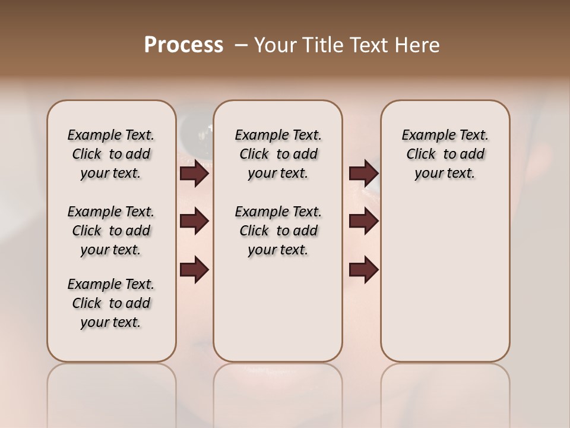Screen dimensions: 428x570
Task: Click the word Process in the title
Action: click(183, 45)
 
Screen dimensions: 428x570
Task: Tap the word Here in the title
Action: click(419, 45)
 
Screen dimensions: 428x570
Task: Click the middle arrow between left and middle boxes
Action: click(194, 221)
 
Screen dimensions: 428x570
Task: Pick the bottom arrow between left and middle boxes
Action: click(194, 269)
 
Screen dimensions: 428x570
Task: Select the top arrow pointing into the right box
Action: click(363, 173)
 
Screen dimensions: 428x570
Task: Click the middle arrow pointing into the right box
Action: click(363, 221)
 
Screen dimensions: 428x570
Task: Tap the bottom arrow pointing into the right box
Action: click(363, 269)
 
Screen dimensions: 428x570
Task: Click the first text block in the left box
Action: click(111, 154)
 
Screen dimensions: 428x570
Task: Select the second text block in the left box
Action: click(111, 231)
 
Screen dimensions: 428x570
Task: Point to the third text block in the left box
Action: click(111, 303)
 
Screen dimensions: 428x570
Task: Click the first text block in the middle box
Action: click(278, 154)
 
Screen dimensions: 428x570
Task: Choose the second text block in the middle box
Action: click(278, 231)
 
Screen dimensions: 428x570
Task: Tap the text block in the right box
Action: click(445, 154)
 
